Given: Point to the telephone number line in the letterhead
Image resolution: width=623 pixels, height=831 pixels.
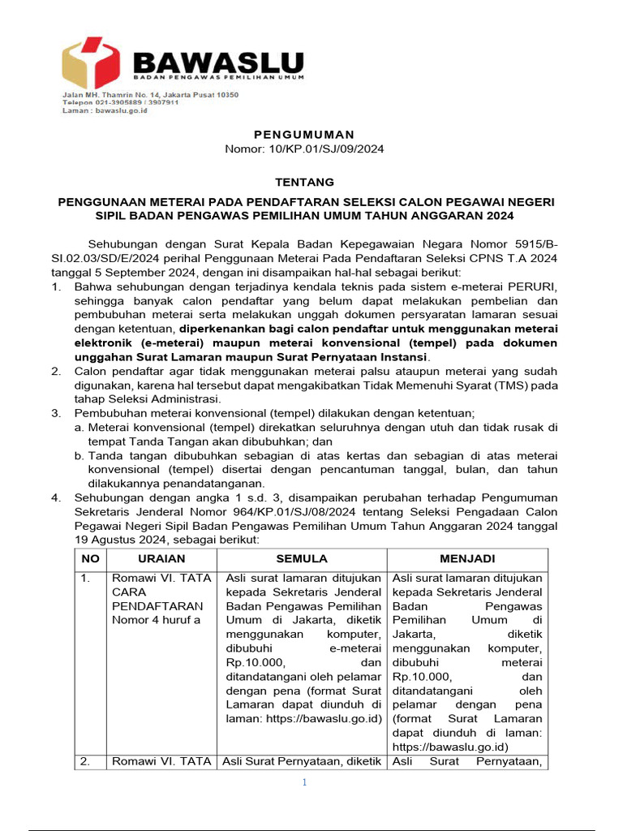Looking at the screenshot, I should coord(122,103).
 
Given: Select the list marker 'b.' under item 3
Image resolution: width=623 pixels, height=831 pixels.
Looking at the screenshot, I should coord(79,456).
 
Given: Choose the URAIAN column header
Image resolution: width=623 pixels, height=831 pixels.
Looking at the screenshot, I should coord(161,559).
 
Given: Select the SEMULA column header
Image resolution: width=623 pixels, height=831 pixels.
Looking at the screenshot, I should coord(302,559).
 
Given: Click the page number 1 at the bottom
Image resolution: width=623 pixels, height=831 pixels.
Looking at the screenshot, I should coord(304,782).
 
